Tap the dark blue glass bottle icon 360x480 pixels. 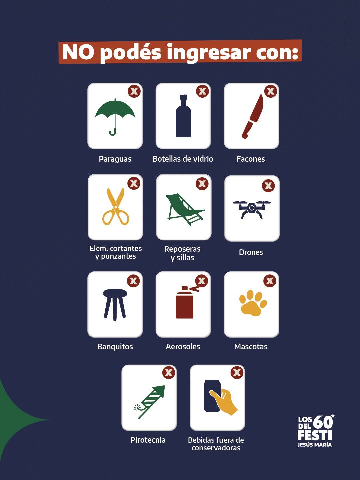pos(183,117)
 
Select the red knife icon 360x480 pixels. pos(252,117)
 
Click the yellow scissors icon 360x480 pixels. pos(115,207)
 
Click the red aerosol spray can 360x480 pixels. pos(185,303)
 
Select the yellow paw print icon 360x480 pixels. pos(253,303)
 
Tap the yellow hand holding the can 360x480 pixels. pos(224,402)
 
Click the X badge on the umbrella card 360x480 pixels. pos(134,91)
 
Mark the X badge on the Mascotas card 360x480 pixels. pos(270,281)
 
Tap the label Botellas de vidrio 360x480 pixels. pos(183,159)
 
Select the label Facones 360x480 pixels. pos(251,159)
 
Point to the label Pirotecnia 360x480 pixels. pos(148,440)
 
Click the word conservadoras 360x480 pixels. pos(216,448)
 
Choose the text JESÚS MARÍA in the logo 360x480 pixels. pos(315,445)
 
